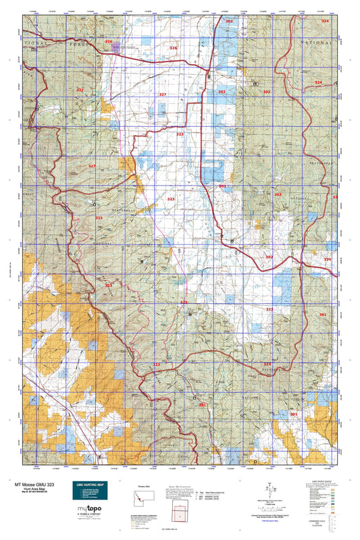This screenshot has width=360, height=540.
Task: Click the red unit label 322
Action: click(269, 309)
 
